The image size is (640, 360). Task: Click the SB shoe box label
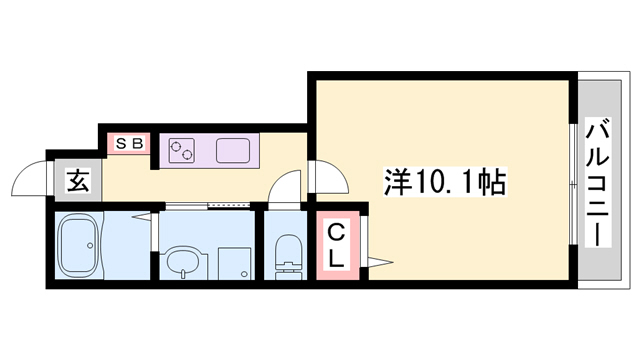[x=129, y=143]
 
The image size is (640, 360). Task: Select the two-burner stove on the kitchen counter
[x=182, y=151]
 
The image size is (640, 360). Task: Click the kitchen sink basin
[x=233, y=151]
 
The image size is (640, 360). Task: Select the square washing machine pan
[x=235, y=263]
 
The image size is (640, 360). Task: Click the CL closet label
[x=337, y=246]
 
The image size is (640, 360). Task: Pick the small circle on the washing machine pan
[x=241, y=272]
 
